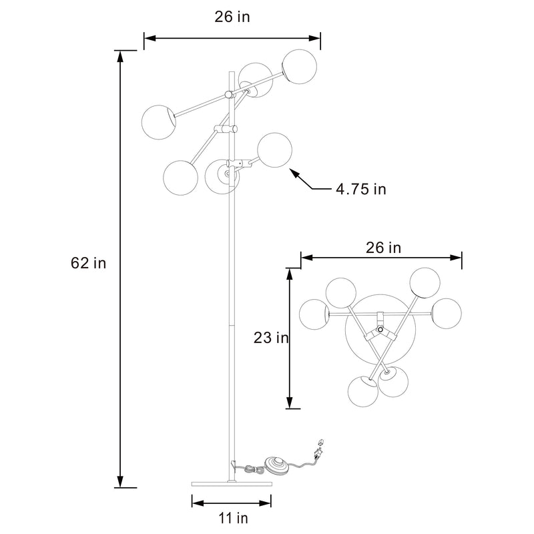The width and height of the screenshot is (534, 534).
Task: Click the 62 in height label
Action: click(88, 263)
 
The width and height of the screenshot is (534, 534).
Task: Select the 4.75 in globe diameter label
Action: click(360, 189)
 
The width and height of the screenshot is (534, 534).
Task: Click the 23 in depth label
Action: click(271, 338)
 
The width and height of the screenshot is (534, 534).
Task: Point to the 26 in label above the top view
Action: click(383, 248)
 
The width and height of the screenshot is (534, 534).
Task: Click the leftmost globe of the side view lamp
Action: click(158, 121)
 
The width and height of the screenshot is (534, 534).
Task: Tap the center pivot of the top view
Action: click(380, 330)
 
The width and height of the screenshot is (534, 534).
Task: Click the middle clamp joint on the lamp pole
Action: click(228, 128)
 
